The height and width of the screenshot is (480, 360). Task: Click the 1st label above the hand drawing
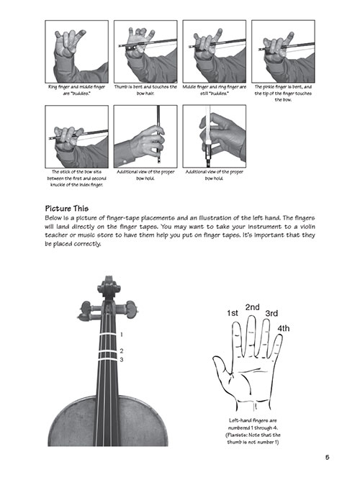(233, 313)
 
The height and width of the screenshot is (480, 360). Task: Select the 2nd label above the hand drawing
(252, 307)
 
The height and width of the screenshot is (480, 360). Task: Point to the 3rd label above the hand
(271, 314)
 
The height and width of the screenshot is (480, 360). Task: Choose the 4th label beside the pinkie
(284, 328)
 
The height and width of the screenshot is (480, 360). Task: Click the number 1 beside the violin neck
(122, 335)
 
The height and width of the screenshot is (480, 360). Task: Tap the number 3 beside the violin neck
(122, 359)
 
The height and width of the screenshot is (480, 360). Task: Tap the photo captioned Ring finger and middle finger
(76, 51)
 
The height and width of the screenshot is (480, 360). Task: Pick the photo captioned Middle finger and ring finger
(213, 51)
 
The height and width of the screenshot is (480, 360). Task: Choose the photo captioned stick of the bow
(76, 137)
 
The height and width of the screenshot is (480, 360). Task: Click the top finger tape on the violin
(104, 336)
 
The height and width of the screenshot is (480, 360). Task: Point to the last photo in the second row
(213, 137)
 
